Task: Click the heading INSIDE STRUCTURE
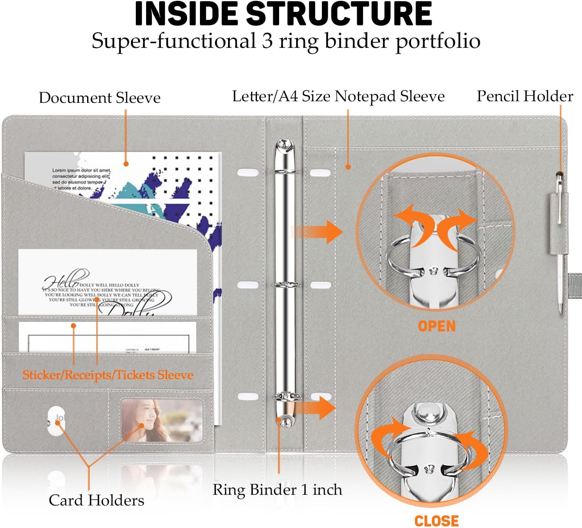[x=283, y=14]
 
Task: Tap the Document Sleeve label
[x=99, y=98]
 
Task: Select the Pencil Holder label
[x=525, y=96]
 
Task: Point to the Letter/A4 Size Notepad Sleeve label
[x=338, y=96]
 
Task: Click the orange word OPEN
[x=437, y=326]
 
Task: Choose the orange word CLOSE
[x=436, y=520]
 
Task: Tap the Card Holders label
[x=96, y=500]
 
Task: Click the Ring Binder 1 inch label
[x=277, y=490]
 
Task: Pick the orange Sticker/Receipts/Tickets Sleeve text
[x=108, y=375]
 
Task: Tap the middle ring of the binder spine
[x=286, y=284]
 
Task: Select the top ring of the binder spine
[x=285, y=172]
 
